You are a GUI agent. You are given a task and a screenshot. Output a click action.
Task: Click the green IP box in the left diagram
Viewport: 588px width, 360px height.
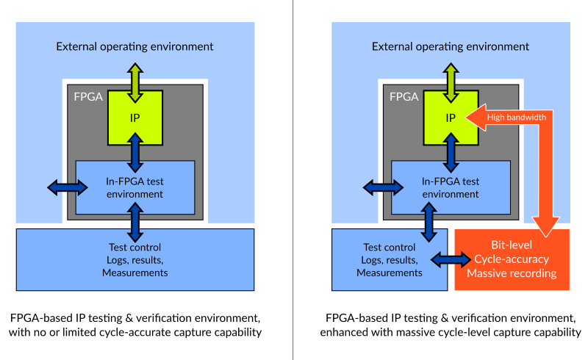(x=135, y=118)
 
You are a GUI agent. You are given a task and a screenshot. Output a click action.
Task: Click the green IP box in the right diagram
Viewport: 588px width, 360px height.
(x=451, y=118)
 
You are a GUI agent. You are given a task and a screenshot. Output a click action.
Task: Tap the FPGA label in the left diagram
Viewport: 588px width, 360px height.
(x=88, y=97)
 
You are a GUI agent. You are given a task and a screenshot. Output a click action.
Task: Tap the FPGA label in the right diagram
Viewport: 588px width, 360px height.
(x=404, y=97)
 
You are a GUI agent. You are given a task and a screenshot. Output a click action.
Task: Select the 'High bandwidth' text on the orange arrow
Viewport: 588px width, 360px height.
(x=517, y=118)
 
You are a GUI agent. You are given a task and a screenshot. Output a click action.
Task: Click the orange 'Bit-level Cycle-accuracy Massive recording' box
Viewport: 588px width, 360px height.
(x=512, y=259)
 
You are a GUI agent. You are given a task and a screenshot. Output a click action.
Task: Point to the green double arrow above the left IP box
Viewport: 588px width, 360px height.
(x=135, y=83)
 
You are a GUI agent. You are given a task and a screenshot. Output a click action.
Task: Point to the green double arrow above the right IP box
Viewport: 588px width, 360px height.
(x=451, y=83)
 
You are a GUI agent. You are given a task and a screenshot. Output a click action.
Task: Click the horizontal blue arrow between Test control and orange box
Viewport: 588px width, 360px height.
(x=451, y=259)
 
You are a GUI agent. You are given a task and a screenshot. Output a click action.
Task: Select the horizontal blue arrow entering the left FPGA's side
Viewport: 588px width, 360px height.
(x=68, y=187)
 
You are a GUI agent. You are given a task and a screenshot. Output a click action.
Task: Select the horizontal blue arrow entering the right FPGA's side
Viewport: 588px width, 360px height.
(x=383, y=187)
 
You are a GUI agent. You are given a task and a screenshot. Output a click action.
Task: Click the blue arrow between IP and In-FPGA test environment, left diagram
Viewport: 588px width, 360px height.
(x=135, y=153)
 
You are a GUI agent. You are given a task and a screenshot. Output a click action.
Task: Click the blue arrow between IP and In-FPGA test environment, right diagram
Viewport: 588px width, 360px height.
(x=451, y=153)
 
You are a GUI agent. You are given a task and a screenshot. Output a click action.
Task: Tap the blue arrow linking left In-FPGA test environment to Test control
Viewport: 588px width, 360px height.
(x=135, y=223)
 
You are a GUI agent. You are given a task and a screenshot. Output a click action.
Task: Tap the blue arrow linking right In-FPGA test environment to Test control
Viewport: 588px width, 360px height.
(x=429, y=223)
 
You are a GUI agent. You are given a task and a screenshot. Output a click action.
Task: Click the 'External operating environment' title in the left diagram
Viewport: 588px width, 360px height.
(x=135, y=46)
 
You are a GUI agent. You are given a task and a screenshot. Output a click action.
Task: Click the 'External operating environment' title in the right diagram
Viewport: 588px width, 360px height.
(x=451, y=46)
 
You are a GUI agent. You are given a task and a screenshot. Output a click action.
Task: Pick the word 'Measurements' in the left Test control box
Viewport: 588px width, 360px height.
(x=135, y=273)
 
